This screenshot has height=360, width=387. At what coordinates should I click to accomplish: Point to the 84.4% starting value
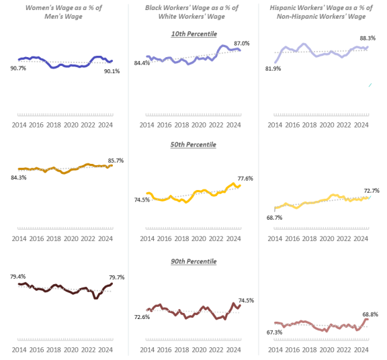tap(142, 64)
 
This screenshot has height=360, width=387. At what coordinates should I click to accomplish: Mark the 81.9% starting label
tap(273, 69)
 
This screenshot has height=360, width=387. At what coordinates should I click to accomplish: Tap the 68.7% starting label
tap(274, 218)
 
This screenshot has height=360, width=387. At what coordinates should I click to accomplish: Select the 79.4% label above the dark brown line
tap(18, 276)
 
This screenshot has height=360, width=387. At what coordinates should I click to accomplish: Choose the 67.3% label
tap(274, 332)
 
